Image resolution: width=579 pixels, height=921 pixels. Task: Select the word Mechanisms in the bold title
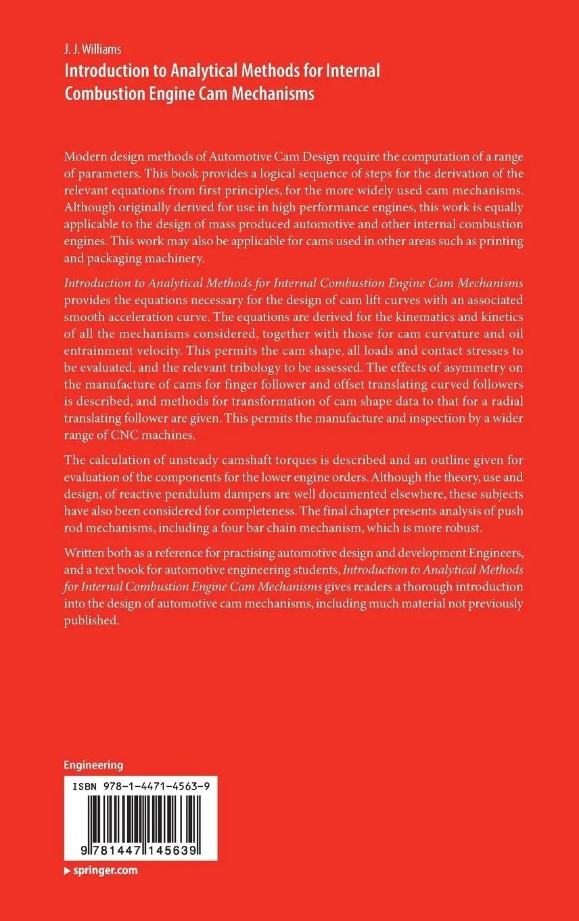277,93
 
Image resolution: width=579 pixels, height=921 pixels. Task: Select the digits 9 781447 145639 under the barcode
139,849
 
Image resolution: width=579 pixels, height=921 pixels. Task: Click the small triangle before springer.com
67,871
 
